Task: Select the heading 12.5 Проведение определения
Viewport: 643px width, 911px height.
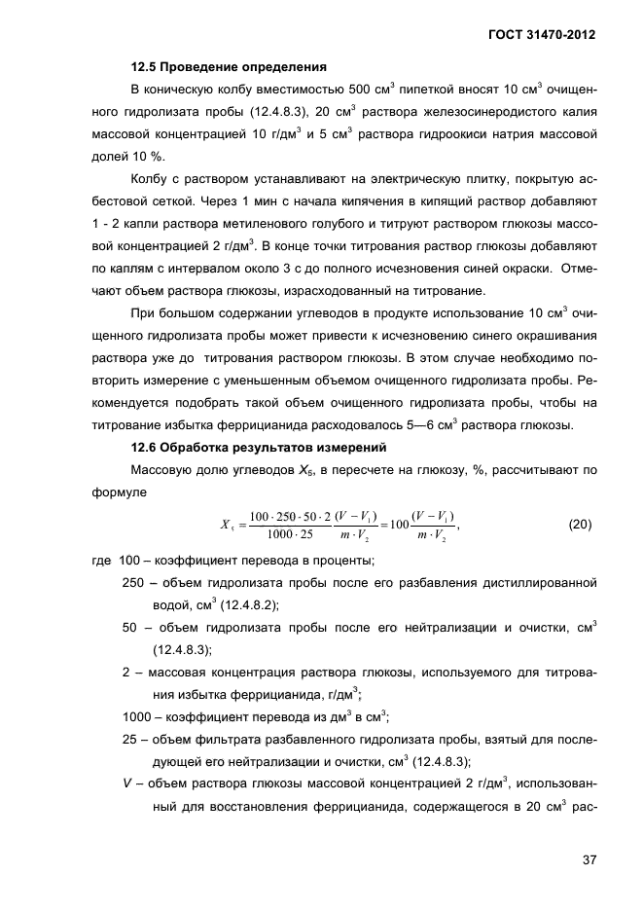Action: [x=228, y=68]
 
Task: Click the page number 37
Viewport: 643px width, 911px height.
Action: [x=587, y=859]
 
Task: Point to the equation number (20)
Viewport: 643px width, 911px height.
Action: [x=580, y=525]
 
